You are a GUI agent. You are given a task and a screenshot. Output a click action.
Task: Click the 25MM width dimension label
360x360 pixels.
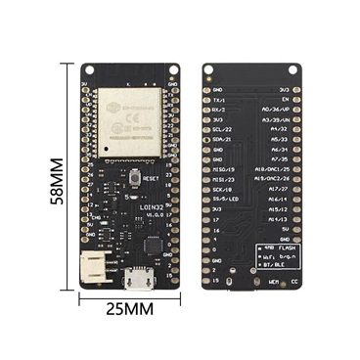point(131,309)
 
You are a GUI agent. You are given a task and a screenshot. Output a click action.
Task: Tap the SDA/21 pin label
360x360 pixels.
point(222,139)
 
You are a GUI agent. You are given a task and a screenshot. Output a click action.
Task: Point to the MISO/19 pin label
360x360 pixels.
point(223,169)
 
